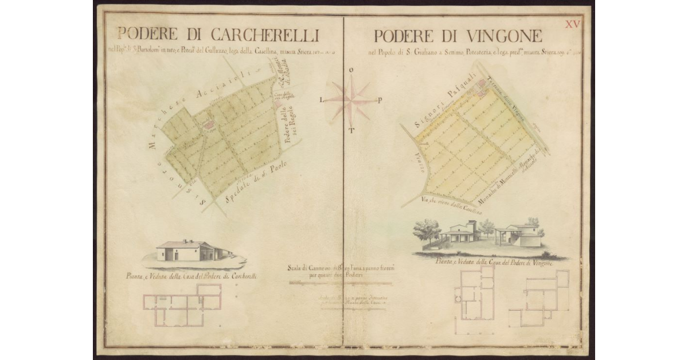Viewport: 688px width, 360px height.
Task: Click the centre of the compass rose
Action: pyautogui.click(x=350, y=99)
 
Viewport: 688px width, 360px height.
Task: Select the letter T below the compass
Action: pyautogui.click(x=351, y=130)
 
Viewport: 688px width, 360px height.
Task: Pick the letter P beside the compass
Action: pyautogui.click(x=380, y=99)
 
